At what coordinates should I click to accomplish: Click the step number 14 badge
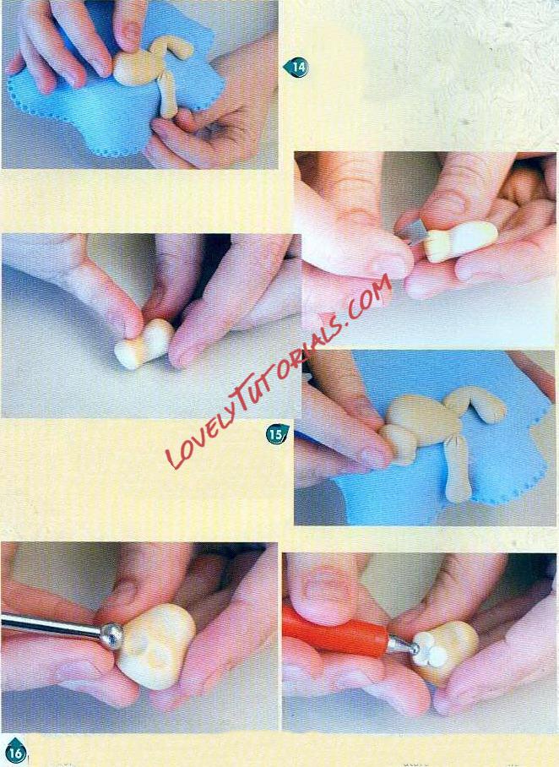(x=296, y=67)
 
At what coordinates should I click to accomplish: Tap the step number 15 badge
(x=277, y=434)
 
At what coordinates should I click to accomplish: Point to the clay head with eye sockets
(x=157, y=645)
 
